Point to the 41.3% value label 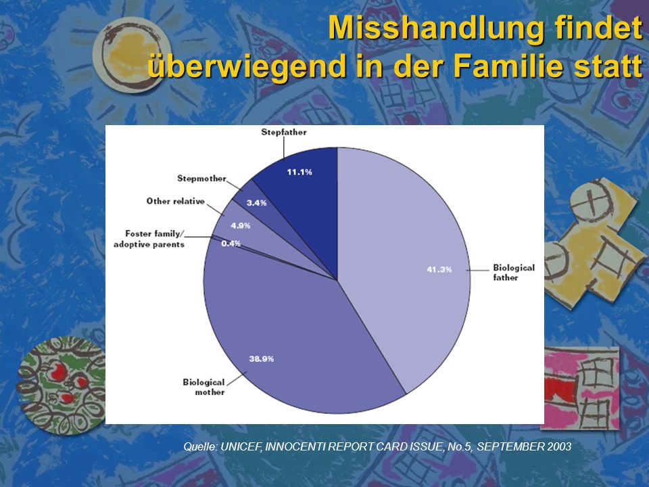coord(439,270)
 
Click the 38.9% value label coord(261,358)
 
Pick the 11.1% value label coord(299,172)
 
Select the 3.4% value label coord(257,203)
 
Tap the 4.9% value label coord(241,226)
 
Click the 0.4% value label coord(231,243)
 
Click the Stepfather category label coord(284,133)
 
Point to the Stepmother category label coord(201,179)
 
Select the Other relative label coord(176,202)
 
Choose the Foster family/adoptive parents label coord(149,239)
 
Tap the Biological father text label coord(514,273)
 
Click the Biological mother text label coord(203,387)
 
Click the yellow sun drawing coord(132,54)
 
